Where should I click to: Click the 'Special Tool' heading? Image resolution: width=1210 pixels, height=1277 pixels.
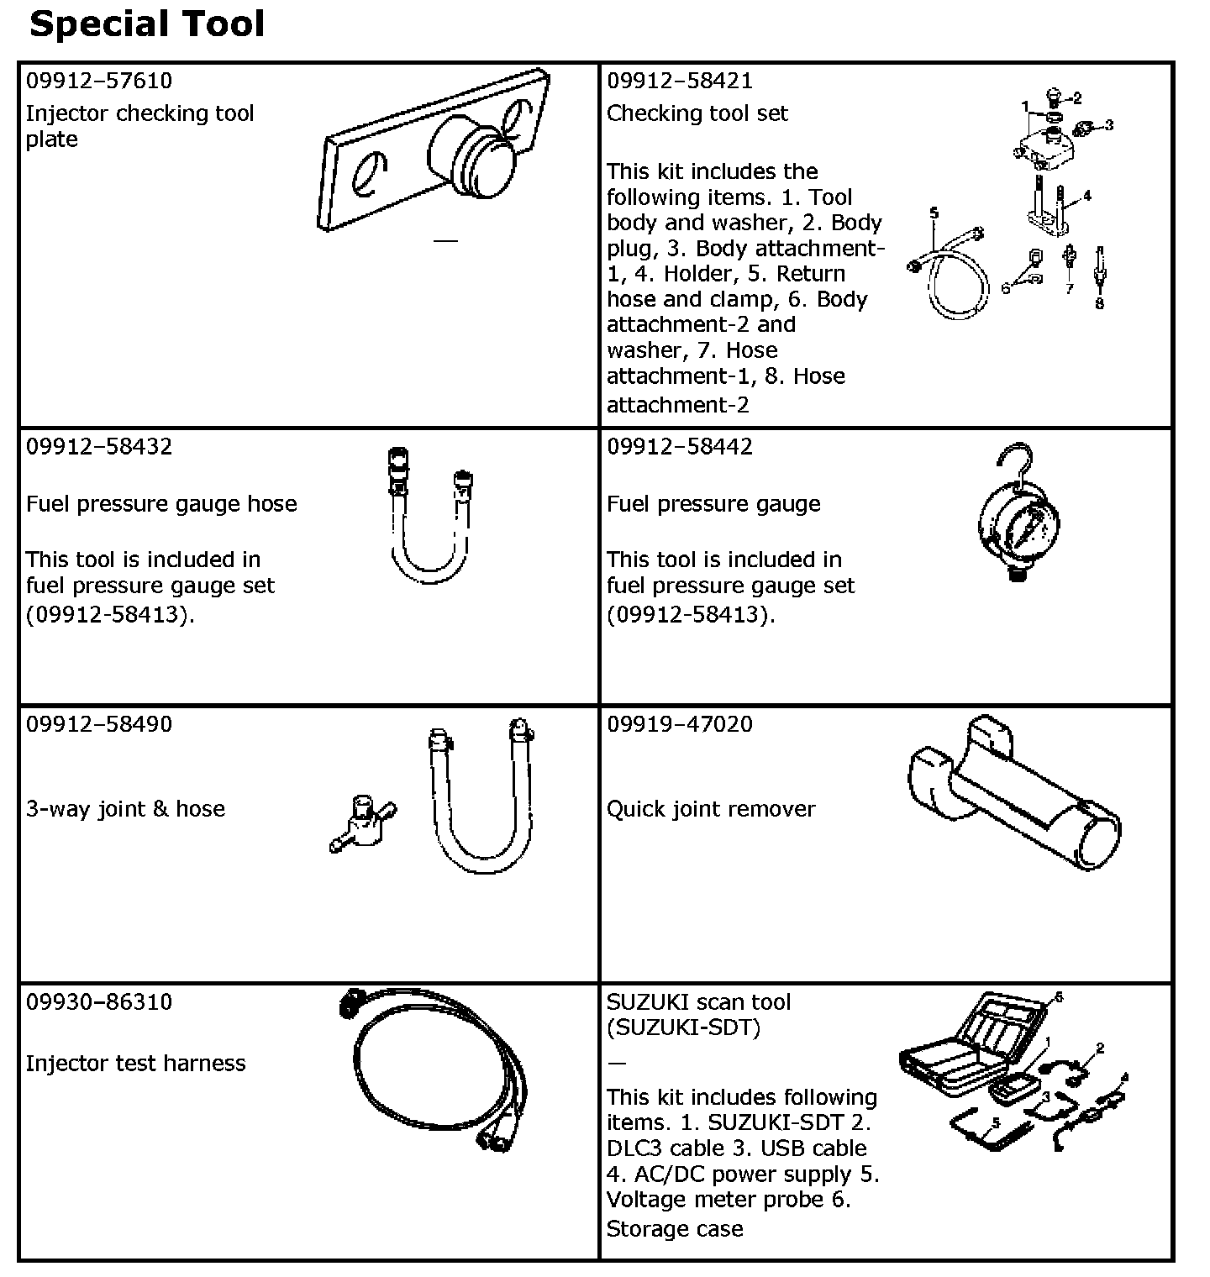coord(147,24)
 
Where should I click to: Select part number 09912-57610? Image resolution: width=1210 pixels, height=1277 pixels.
coord(99,81)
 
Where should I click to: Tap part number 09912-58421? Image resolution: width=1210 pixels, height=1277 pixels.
coord(680,81)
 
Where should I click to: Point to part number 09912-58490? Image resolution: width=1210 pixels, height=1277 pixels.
coord(99,724)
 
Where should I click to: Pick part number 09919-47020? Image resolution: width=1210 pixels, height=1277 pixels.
coord(680,724)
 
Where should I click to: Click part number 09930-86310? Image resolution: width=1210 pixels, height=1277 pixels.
coord(99,1001)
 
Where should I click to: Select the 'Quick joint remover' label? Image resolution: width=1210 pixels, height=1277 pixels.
coord(711,809)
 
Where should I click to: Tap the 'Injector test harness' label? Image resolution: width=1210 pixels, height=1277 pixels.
coord(136,1064)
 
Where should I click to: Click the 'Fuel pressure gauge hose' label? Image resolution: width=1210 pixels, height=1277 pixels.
coord(161,504)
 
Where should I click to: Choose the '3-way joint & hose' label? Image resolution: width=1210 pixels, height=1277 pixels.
coord(126,809)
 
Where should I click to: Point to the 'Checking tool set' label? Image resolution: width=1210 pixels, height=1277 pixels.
coord(697,113)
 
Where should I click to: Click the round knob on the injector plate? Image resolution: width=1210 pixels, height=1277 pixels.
coord(471,156)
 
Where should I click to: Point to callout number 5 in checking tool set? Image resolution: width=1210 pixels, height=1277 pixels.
coord(934,213)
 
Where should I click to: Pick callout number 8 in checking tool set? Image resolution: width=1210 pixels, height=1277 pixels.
coord(1099,304)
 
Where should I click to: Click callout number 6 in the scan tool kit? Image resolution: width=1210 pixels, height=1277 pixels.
coord(1059,997)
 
